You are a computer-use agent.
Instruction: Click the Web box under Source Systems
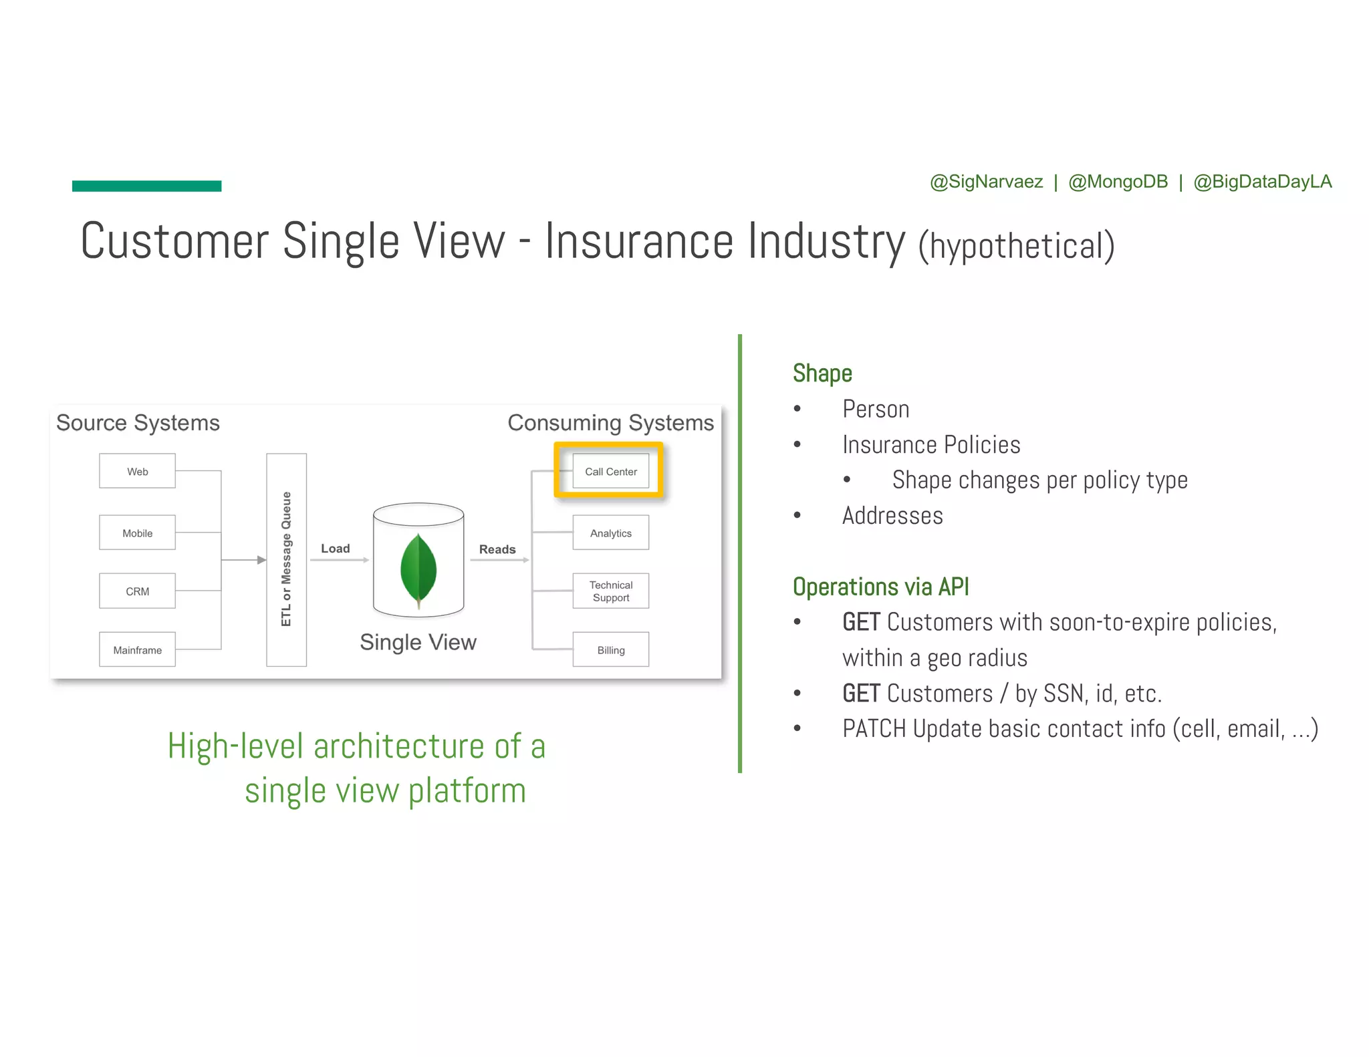pyautogui.click(x=137, y=471)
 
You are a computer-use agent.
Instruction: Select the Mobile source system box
pyautogui.click(x=137, y=533)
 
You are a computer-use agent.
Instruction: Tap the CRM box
pyautogui.click(x=137, y=591)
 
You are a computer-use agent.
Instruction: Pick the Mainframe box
pyautogui.click(x=137, y=649)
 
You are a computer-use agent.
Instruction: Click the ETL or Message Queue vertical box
pyautogui.click(x=286, y=559)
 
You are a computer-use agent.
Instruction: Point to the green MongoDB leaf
pyautogui.click(x=418, y=569)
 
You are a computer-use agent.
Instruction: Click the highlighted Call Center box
pyautogui.click(x=610, y=471)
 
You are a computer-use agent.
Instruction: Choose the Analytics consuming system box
pyautogui.click(x=610, y=533)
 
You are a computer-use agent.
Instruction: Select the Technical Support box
pyautogui.click(x=610, y=591)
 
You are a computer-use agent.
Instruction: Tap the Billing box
pyautogui.click(x=610, y=649)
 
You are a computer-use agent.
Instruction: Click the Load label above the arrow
pyautogui.click(x=335, y=549)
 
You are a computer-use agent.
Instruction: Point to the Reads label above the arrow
pyautogui.click(x=497, y=549)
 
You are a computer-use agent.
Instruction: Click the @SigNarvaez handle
pyautogui.click(x=986, y=182)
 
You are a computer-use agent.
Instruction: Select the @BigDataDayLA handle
pyautogui.click(x=1262, y=182)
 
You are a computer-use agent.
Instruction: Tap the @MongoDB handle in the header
pyautogui.click(x=1118, y=182)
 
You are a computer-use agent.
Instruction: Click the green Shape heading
pyautogui.click(x=822, y=373)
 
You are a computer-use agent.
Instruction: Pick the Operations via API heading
pyautogui.click(x=880, y=587)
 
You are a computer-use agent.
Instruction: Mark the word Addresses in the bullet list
pyautogui.click(x=892, y=516)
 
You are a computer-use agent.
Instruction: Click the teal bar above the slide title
pyautogui.click(x=146, y=186)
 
